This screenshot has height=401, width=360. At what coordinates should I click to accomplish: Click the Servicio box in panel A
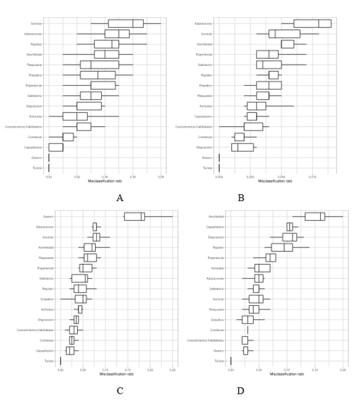point(126,23)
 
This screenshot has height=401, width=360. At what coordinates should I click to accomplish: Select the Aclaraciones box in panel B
point(312,23)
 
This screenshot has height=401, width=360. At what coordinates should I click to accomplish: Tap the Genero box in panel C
point(134,216)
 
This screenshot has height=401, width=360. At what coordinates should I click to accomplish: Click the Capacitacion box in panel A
point(56,147)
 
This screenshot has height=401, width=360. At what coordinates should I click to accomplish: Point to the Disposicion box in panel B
point(243,147)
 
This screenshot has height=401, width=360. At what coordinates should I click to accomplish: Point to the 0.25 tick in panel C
point(172,370)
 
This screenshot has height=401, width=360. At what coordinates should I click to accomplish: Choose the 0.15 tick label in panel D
point(315,370)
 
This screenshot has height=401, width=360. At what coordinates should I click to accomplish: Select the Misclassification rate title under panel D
point(286,375)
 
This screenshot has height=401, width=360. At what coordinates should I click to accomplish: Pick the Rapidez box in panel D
point(282,247)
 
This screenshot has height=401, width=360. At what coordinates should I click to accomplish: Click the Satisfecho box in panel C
point(79,278)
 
